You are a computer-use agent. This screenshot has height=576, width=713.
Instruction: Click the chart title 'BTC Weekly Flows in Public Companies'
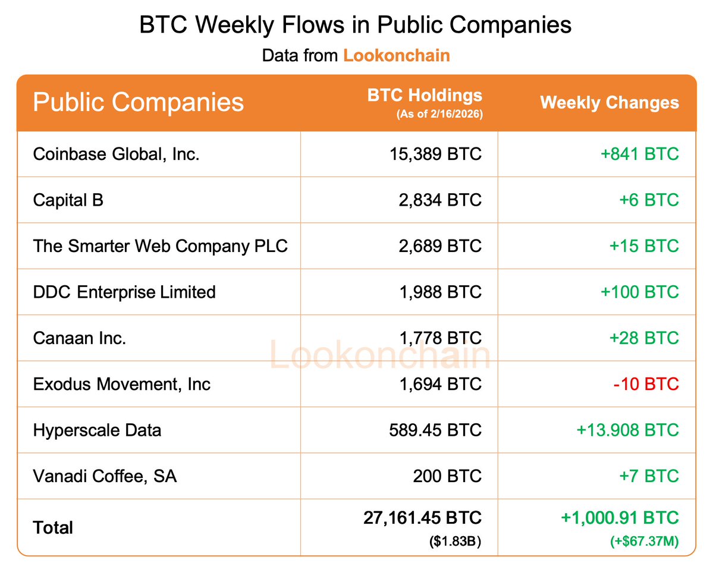click(x=356, y=26)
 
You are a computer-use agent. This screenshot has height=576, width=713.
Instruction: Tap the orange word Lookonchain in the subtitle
click(x=397, y=56)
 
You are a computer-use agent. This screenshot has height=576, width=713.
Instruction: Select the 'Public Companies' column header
click(x=138, y=102)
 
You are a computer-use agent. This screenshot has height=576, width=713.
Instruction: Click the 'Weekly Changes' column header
click(x=609, y=102)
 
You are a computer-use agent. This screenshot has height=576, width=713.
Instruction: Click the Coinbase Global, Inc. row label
click(x=117, y=154)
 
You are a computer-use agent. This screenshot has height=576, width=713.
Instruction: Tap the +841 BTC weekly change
click(x=639, y=154)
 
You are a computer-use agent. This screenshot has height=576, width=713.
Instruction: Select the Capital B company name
click(x=68, y=200)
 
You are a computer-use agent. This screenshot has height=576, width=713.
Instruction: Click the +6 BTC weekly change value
click(x=649, y=200)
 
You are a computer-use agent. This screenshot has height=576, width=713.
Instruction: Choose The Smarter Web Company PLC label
click(x=161, y=246)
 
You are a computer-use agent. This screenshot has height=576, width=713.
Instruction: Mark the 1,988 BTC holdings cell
click(x=441, y=292)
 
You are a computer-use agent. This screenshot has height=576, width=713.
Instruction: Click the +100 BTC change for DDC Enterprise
click(x=639, y=292)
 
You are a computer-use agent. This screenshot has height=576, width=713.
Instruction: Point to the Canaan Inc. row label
click(x=80, y=338)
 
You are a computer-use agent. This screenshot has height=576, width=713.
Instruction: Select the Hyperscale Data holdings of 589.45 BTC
click(x=437, y=430)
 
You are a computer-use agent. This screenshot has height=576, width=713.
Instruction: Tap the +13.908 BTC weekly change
click(x=627, y=430)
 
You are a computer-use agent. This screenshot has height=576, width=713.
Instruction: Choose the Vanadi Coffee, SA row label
click(x=105, y=476)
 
